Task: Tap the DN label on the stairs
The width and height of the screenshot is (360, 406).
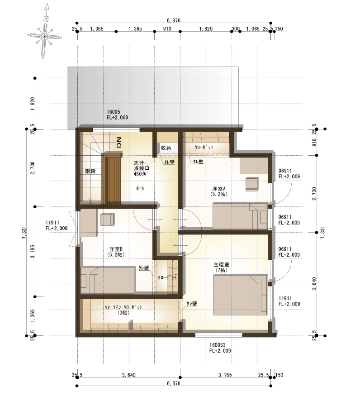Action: (119, 143)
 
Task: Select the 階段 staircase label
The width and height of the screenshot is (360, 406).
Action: (90, 171)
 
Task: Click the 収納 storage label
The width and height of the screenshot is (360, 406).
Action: (166, 148)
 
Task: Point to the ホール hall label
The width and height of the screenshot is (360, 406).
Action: (140, 188)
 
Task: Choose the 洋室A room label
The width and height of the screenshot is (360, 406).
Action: (219, 191)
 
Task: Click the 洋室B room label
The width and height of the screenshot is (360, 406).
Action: (116, 252)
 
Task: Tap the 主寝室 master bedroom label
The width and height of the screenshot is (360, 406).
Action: (222, 267)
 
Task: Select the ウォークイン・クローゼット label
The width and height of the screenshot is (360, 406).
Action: (123, 309)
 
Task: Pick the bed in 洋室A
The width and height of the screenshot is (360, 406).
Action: (240, 216)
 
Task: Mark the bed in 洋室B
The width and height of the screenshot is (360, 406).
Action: (109, 278)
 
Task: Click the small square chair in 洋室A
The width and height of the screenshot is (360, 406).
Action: (252, 184)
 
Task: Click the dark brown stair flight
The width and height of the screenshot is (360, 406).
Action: (113, 179)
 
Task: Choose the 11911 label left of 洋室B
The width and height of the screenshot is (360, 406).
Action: (57, 225)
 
